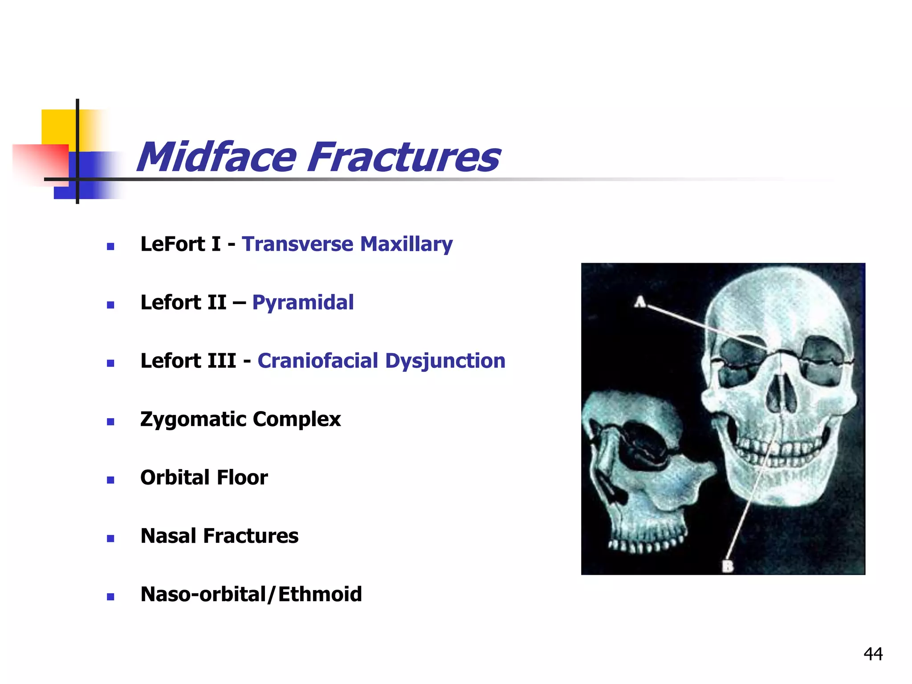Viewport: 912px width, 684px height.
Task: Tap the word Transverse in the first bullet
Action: click(x=297, y=244)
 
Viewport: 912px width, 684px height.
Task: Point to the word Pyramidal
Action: click(x=303, y=303)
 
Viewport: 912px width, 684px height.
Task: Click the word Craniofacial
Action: click(x=318, y=361)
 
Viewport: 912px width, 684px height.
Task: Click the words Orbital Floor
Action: click(x=204, y=477)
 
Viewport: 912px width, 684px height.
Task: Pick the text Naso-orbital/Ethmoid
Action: click(x=251, y=594)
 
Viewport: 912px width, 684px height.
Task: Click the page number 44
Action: click(x=873, y=654)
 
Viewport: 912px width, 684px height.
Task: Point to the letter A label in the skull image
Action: click(x=640, y=302)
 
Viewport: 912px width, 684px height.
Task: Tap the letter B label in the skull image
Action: click(x=727, y=566)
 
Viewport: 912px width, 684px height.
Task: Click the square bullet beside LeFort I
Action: click(x=111, y=246)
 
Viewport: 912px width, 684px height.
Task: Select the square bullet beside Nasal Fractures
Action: click(x=111, y=538)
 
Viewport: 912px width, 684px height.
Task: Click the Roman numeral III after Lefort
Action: click(x=219, y=361)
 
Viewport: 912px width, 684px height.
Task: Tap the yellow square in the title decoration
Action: click(x=58, y=127)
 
